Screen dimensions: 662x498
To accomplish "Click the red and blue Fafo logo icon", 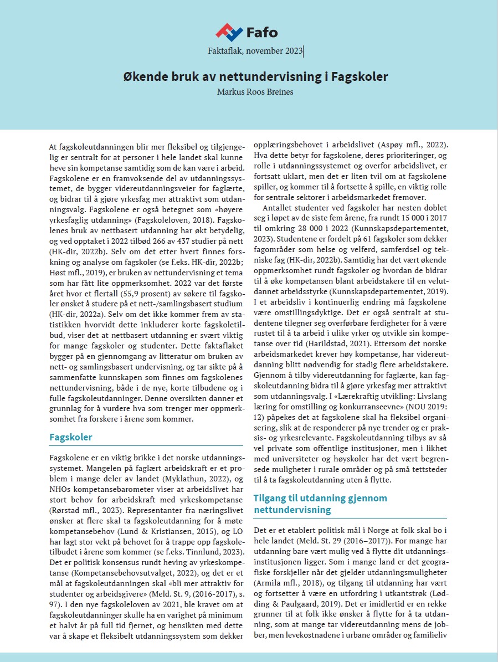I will coord(229,32).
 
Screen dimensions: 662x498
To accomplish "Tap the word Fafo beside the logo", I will coord(261,32).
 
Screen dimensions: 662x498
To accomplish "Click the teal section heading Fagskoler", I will coord(71,437).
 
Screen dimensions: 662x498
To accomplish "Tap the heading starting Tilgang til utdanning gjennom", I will coord(320,498).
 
